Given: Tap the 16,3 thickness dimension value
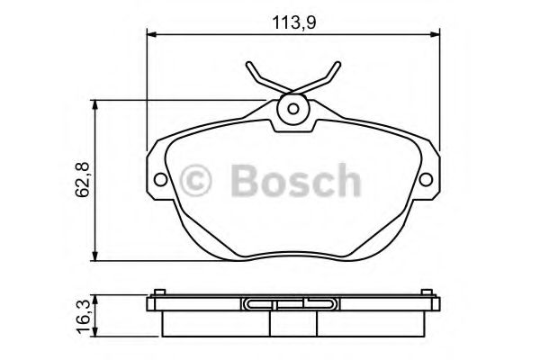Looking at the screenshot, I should pyautogui.click(x=84, y=315).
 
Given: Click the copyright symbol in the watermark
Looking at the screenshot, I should pyautogui.click(x=195, y=180).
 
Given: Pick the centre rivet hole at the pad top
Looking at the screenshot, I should pyautogui.click(x=292, y=110).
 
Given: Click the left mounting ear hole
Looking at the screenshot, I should pyautogui.click(x=160, y=178).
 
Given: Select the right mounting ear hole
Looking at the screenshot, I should pyautogui.click(x=426, y=178).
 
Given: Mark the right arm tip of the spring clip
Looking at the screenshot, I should pyautogui.click(x=337, y=65).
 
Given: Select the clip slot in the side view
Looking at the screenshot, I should pyautogui.click(x=292, y=304).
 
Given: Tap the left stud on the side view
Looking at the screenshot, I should pyautogui.click(x=158, y=292).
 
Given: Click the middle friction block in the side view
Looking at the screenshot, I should pyautogui.click(x=292, y=321).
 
